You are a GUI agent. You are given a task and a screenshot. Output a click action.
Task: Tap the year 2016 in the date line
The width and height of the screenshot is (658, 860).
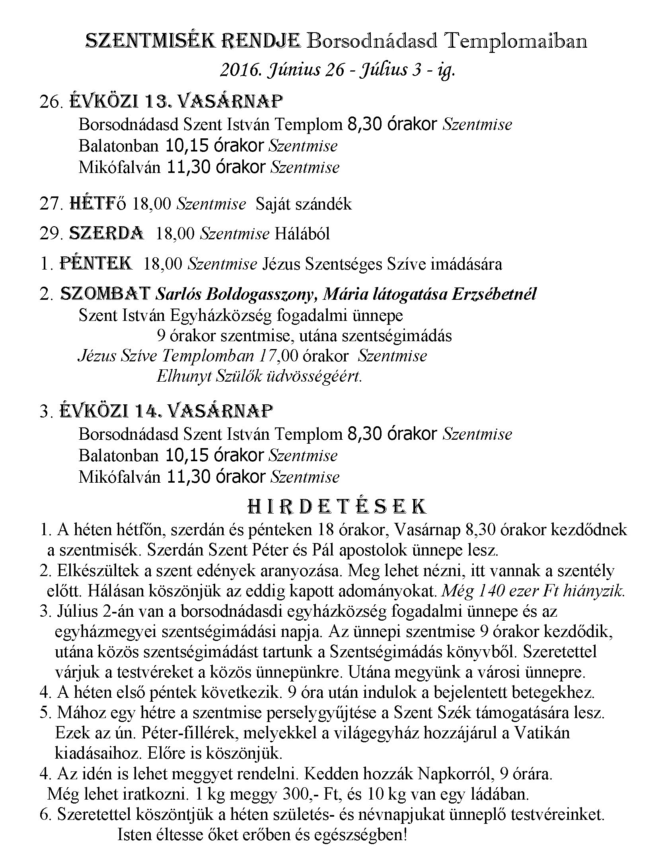237,70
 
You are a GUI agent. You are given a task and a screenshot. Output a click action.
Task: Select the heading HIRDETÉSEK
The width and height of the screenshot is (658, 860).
337,507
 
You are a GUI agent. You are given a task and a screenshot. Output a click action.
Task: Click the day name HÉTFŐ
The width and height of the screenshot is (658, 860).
98,204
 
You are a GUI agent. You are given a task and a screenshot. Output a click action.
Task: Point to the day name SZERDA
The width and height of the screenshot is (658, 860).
107,233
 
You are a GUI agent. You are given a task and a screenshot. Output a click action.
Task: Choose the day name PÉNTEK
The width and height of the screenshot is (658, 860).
96,264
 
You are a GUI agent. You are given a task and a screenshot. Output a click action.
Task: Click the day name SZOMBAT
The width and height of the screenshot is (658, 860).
105,294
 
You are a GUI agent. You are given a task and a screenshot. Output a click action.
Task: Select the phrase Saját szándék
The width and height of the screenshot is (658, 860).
304,204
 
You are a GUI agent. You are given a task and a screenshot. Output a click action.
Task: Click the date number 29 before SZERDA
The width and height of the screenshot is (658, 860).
49,234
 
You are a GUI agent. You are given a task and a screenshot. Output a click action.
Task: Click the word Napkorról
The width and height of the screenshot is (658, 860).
459,774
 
